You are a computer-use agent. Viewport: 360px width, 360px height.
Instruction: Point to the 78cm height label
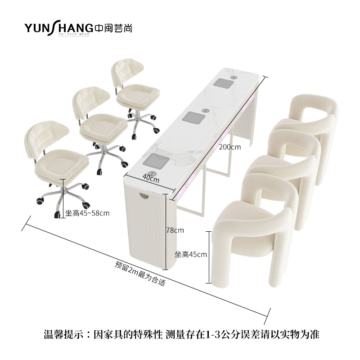coord(175,230)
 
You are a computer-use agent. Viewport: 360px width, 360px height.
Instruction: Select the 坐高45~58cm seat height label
coord(87,213)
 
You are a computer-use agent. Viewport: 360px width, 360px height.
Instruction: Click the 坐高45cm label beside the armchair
coord(191,254)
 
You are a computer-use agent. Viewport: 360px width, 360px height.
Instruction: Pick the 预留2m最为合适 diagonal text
coord(140,274)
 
